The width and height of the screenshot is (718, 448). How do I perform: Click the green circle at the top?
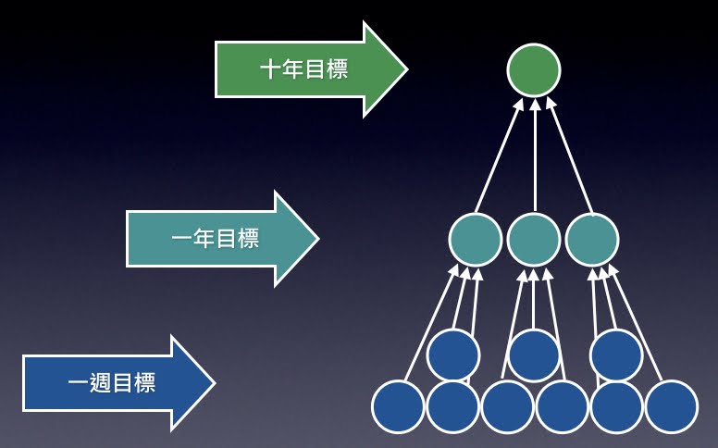point(534,70)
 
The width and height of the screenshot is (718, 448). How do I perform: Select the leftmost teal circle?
point(476,240)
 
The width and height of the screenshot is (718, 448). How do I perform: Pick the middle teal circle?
point(534,240)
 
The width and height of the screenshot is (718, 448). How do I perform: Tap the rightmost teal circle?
point(592,240)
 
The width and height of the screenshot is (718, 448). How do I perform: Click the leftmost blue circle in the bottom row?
point(398,407)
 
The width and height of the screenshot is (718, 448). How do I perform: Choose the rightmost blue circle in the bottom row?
point(671,407)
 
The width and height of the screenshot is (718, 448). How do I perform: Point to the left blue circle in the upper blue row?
point(453,354)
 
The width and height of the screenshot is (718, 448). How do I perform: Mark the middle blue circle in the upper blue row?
point(534,354)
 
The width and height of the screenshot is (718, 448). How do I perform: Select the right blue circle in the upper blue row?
point(616,354)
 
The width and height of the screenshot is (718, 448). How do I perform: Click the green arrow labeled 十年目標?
point(305,69)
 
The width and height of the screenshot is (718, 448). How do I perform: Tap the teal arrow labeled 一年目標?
point(217,240)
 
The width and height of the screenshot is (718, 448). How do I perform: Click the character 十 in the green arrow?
point(271,69)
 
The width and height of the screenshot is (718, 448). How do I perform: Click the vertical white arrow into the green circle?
point(535,153)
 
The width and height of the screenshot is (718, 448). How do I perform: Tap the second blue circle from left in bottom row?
point(452,407)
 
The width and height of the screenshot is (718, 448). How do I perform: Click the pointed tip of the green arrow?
point(405,69)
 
